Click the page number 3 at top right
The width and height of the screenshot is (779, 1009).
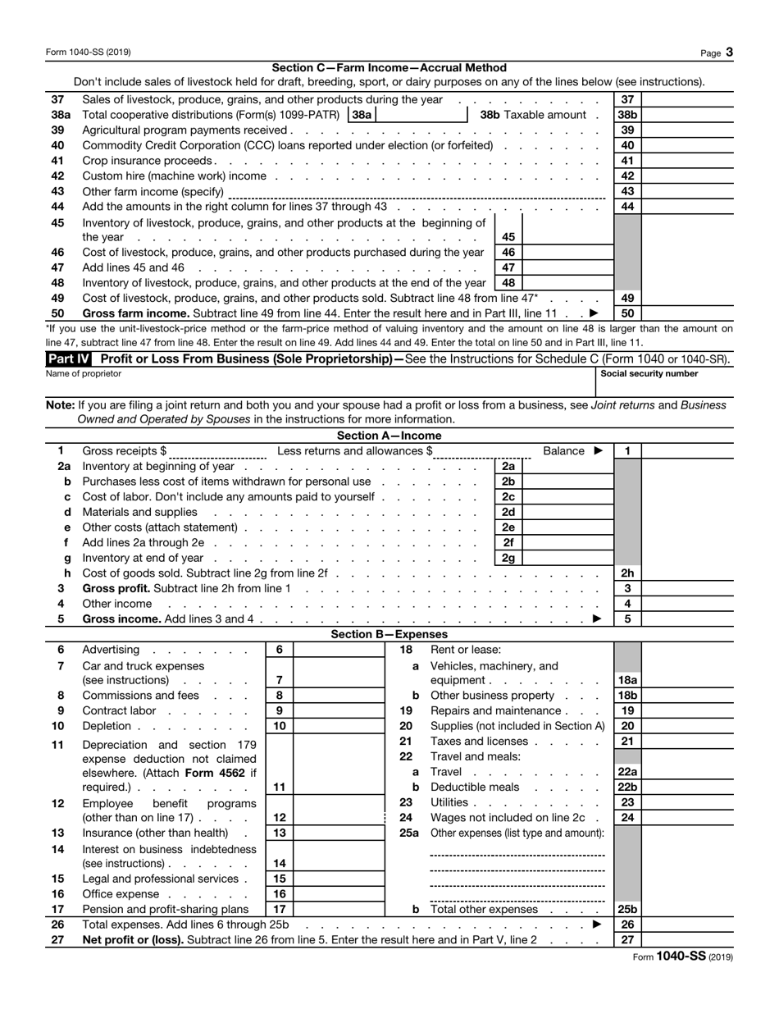click(729, 53)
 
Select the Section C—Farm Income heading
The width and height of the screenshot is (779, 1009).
click(389, 68)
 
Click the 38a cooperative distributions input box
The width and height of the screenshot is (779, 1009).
click(421, 115)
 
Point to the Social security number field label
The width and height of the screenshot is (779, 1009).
click(649, 373)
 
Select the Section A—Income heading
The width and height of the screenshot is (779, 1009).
click(389, 436)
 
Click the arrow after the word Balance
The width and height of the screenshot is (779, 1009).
click(598, 451)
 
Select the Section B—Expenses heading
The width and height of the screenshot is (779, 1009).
click(389, 634)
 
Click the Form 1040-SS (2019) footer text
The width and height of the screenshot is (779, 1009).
click(684, 956)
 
